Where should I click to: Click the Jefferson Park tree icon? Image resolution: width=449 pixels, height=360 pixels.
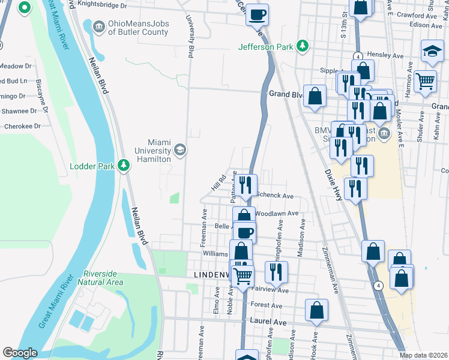304,46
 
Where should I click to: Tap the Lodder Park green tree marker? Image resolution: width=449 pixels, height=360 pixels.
124,165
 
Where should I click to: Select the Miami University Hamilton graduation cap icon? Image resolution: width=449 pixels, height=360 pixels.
179,149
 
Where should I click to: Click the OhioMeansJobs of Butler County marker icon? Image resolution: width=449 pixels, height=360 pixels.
98,26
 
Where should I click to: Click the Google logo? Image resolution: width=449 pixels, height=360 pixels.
20,353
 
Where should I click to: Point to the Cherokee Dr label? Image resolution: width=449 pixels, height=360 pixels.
22,127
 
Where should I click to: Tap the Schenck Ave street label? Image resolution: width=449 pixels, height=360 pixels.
275,196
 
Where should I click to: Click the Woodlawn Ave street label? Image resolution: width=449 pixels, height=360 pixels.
276,213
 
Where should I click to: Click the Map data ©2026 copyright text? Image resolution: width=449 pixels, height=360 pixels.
423,355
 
